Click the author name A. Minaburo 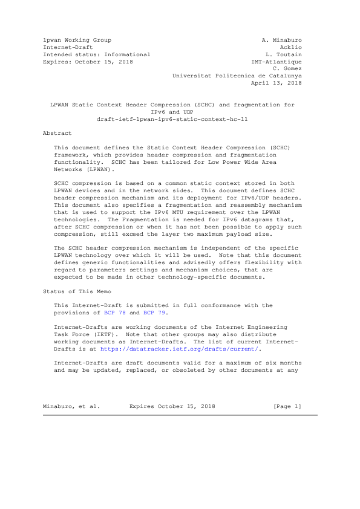click(x=281, y=40)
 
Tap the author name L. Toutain click(x=283, y=54)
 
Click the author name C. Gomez click(x=287, y=69)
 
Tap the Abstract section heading click(x=57, y=133)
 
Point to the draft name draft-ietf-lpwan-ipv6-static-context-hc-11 click(x=172, y=119)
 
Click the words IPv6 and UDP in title click(x=172, y=112)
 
